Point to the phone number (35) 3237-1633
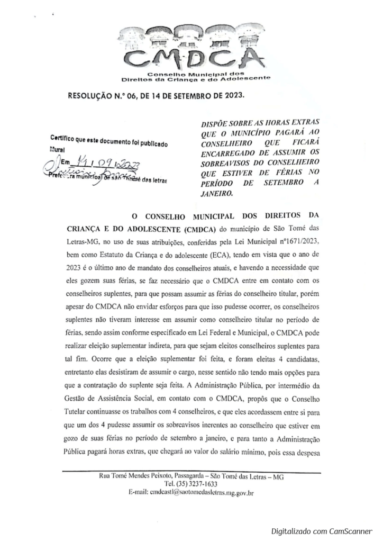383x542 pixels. (191, 484)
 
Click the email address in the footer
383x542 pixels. (191, 493)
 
